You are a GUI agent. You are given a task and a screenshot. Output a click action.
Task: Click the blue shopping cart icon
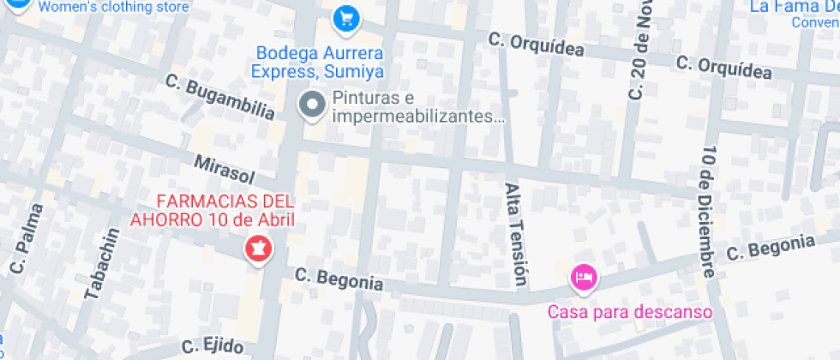click(x=345, y=17)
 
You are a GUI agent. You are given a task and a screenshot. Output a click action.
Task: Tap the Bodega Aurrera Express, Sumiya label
click(x=318, y=63)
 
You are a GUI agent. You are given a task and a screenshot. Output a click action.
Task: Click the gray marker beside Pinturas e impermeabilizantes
click(x=311, y=106)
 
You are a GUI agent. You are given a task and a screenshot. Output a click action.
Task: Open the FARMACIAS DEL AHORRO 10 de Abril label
click(x=212, y=211)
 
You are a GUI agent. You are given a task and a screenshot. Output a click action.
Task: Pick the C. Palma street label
click(x=27, y=238)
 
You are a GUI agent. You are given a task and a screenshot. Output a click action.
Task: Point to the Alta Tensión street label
click(x=513, y=233)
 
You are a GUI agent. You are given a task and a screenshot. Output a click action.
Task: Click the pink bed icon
click(x=584, y=277)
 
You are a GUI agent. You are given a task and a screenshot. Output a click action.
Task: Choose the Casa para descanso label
click(x=631, y=311)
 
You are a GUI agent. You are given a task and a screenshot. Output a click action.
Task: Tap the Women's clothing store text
click(x=113, y=7)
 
